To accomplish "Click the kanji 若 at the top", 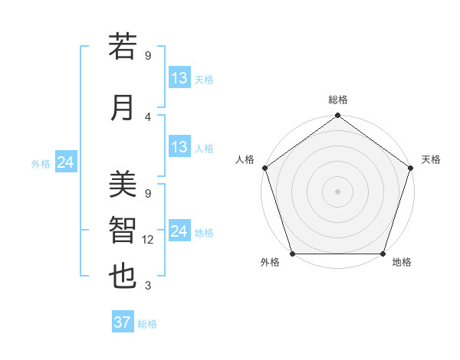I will (x=123, y=47).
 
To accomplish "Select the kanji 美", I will (x=123, y=185).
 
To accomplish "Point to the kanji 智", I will (x=123, y=230).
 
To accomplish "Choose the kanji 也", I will (x=123, y=276).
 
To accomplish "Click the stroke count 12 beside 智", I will (x=149, y=240).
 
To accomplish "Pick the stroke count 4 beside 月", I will (x=148, y=116).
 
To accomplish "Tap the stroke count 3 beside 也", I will (x=148, y=286).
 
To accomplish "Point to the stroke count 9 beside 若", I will (x=148, y=56).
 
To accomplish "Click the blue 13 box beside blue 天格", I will (x=179, y=78).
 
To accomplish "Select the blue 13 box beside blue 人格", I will (x=179, y=147).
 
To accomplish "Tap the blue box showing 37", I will (x=123, y=322).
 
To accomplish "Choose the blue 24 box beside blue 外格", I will (x=65, y=162).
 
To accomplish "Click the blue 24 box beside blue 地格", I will (x=179, y=231).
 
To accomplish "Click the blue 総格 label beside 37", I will (x=147, y=324).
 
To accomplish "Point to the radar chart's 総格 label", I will (x=338, y=100).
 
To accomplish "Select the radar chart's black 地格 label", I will (x=402, y=263).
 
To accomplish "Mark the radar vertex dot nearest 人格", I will (x=265, y=168).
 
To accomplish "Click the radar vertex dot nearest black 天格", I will (x=411, y=168).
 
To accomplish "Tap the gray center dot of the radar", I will (x=338, y=191).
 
